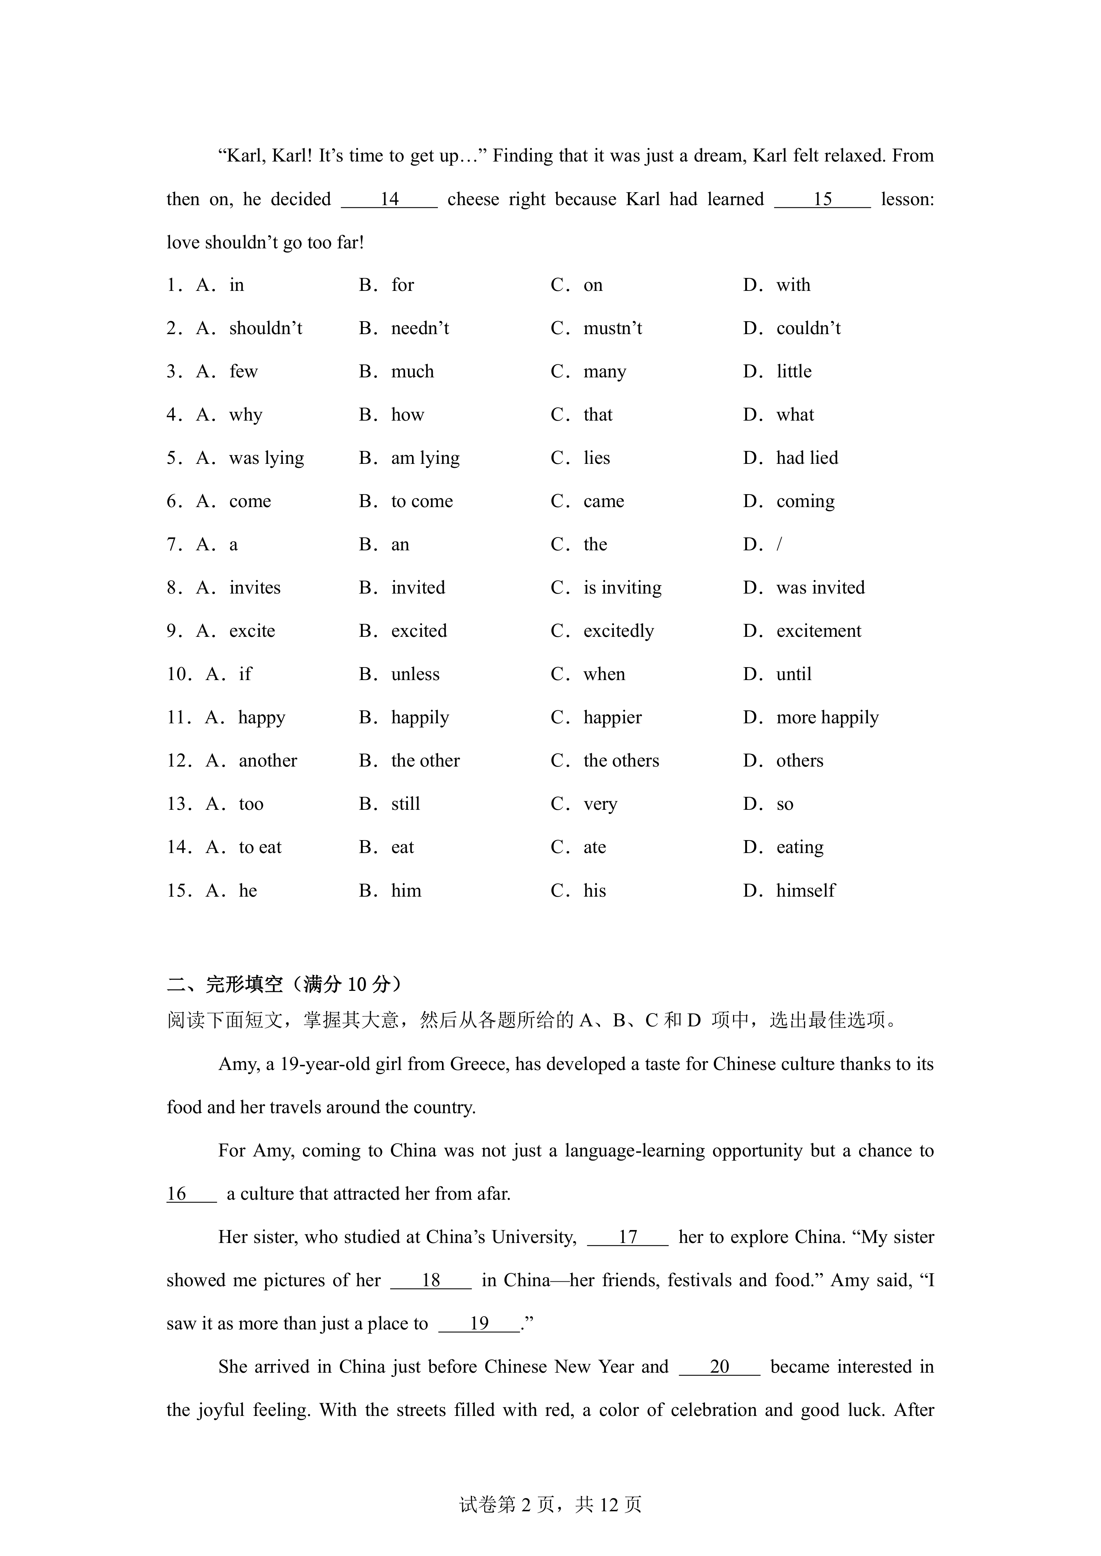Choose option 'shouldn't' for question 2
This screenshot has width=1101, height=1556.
click(x=265, y=329)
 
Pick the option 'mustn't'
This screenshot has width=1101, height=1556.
click(x=612, y=329)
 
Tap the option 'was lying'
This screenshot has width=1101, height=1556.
click(x=266, y=458)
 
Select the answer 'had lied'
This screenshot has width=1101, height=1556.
click(x=807, y=458)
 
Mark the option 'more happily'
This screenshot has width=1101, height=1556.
click(x=827, y=718)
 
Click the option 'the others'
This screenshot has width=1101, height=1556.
click(x=621, y=761)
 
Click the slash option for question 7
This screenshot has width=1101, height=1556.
click(x=779, y=545)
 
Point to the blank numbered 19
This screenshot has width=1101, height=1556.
click(x=479, y=1324)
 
